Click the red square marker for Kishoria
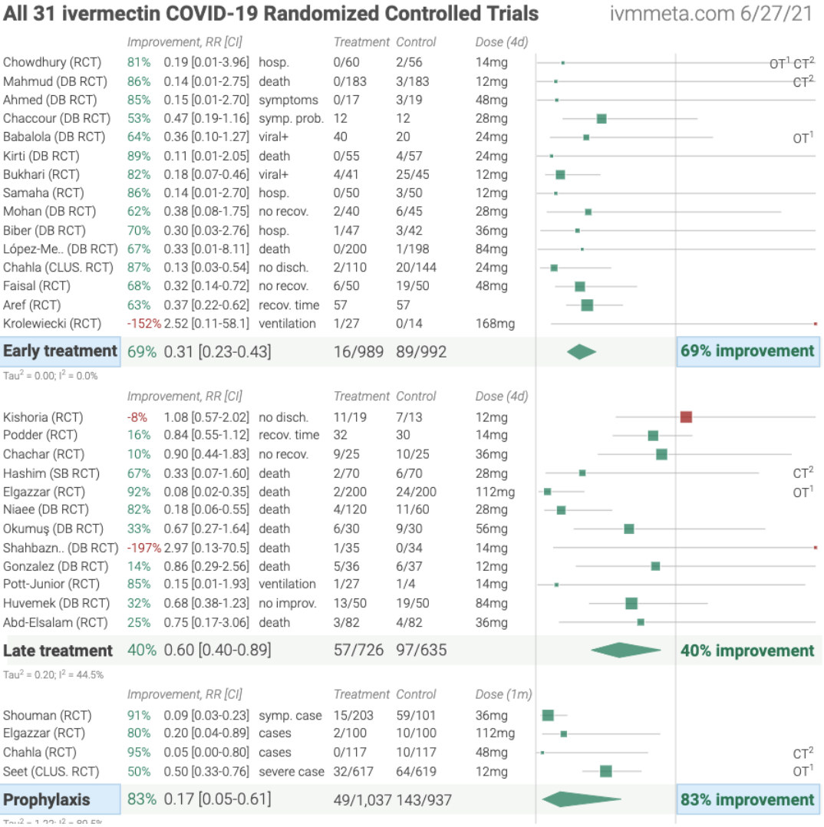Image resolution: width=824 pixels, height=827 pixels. (686, 417)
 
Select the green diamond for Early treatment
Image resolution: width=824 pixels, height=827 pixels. (582, 351)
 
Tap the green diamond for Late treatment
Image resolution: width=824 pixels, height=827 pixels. (626, 651)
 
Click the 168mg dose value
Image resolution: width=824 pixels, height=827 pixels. (496, 324)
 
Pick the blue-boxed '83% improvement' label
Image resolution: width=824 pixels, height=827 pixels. (747, 799)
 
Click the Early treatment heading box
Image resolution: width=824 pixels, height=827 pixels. (61, 351)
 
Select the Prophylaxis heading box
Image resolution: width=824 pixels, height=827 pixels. (61, 799)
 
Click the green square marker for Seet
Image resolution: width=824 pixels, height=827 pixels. (605, 771)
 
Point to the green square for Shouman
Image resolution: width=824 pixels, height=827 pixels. (548, 715)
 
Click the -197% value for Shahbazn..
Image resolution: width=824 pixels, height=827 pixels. (143, 548)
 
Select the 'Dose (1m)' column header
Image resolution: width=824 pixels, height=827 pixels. (503, 694)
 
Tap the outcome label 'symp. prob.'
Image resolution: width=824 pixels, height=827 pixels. (291, 118)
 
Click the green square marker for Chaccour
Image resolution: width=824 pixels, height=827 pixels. (602, 118)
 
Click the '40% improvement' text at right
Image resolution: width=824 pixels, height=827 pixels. (747, 651)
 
